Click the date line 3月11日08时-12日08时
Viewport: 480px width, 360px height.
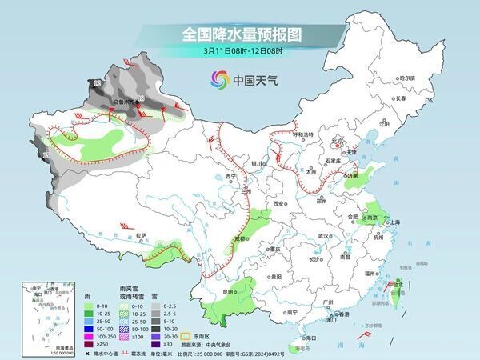(x=241, y=52)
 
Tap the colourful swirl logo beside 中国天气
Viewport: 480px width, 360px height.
(x=219, y=79)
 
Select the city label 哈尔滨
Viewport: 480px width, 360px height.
(x=407, y=78)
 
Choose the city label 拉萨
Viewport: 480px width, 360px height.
(x=142, y=235)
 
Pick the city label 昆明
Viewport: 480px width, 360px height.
(x=230, y=292)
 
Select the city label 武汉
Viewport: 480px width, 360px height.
(x=323, y=236)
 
